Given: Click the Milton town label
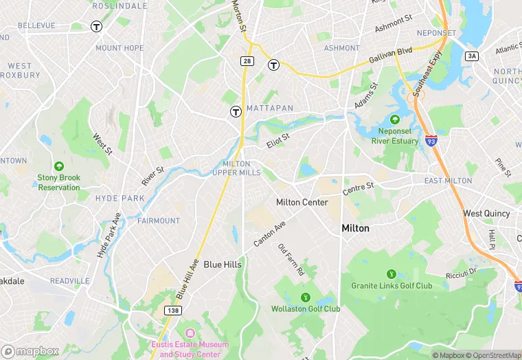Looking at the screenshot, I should point(355,228).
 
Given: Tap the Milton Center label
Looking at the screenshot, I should point(302,203).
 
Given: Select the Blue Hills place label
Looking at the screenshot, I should point(223,265).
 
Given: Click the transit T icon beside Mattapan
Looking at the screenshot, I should point(236,111).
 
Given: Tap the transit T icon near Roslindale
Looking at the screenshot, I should point(97,27).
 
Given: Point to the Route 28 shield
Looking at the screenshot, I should point(246,62).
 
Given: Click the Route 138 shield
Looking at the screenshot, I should point(173,311).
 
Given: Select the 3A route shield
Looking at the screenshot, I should point(471,56).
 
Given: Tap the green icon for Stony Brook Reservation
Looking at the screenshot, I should point(59,166).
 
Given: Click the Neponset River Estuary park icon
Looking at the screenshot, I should point(395,120).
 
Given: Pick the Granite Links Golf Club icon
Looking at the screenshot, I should point(391,273).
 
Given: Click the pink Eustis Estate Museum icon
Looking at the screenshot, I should point(190,333).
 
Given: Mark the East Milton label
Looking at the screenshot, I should point(448,181).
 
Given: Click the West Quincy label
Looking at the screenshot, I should point(486,214).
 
